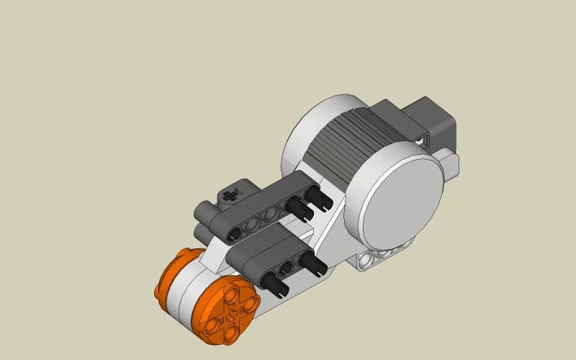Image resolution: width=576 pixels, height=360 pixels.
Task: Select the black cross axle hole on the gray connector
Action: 230,194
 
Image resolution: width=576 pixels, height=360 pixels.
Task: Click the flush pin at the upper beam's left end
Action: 235,234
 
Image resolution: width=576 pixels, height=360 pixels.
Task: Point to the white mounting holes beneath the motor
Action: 382,256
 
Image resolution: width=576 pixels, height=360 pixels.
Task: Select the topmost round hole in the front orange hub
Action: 232,294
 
